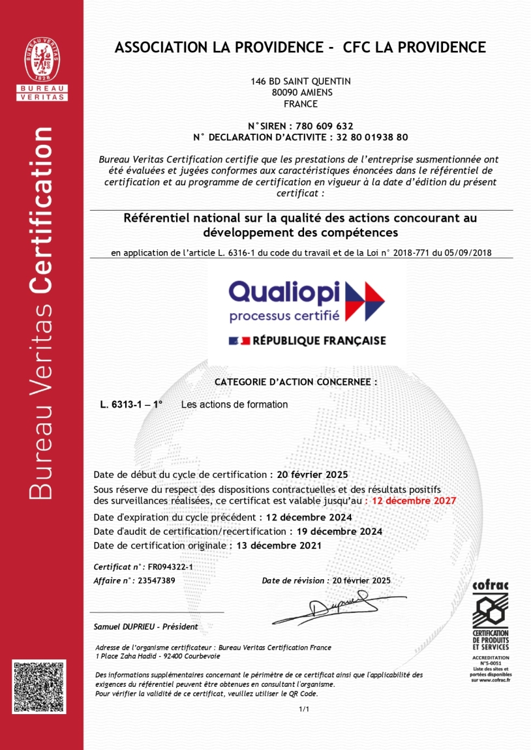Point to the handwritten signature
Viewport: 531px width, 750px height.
point(339,607)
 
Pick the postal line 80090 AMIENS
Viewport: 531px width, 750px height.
point(301,93)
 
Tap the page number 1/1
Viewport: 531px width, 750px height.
point(303,709)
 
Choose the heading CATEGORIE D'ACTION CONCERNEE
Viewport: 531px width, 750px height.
point(296,383)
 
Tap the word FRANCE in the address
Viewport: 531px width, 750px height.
point(301,104)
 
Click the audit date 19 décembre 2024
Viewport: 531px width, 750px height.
point(339,532)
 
